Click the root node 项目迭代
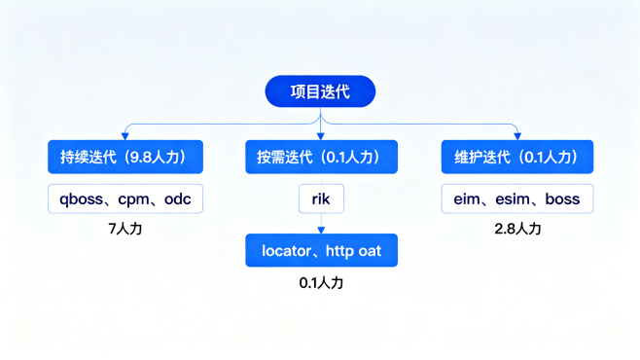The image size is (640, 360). point(320,92)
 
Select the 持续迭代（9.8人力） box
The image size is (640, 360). point(124,157)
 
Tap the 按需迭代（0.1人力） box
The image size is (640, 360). point(320,157)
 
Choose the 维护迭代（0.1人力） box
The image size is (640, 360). point(516,157)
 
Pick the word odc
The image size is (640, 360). point(178,199)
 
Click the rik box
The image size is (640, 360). point(321,199)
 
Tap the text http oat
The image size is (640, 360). point(353,251)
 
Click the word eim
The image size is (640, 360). point(468,199)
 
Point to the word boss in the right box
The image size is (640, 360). point(562,199)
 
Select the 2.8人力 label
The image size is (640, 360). point(516,231)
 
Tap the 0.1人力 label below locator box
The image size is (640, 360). point(321,283)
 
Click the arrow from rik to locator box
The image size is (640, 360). point(321,225)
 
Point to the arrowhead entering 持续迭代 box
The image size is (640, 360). point(124,135)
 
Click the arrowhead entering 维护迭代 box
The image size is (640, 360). point(516,135)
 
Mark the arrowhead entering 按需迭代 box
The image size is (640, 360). point(321,135)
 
